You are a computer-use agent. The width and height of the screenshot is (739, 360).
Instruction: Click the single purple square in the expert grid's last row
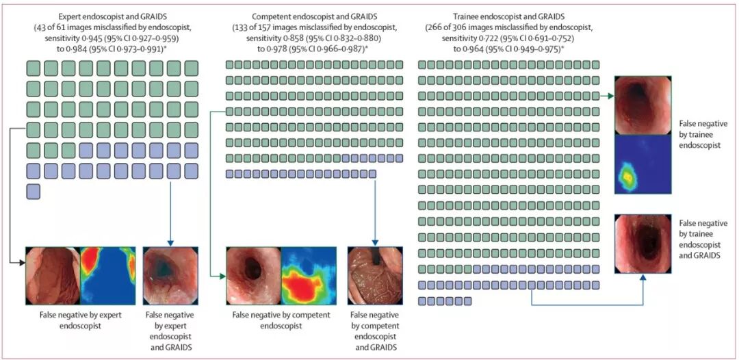point(33,192)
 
